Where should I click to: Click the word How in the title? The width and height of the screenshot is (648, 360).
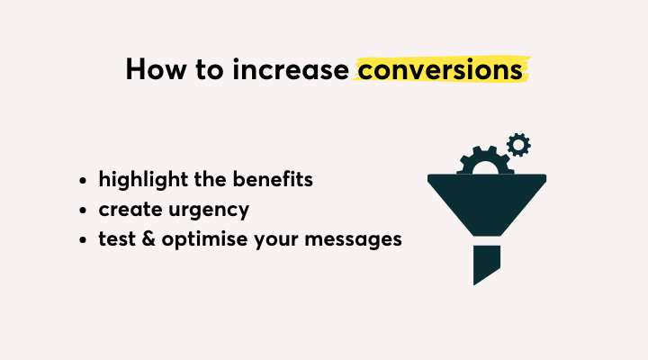click(157, 69)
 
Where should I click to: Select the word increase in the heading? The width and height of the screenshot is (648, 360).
click(291, 69)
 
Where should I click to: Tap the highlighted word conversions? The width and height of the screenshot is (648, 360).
click(440, 69)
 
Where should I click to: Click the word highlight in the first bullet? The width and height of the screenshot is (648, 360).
click(143, 180)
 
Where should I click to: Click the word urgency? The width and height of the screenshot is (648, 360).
click(209, 211)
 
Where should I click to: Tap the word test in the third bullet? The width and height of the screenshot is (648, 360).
click(117, 238)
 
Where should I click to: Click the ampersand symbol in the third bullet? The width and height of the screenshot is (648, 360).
click(148, 238)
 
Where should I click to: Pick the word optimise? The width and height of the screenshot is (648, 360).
click(204, 239)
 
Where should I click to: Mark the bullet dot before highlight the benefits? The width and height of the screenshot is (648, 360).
click(83, 180)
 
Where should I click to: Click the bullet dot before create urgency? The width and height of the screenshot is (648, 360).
click(83, 210)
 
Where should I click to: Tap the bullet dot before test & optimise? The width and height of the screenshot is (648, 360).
click(83, 239)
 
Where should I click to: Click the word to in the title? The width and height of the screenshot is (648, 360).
click(210, 70)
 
